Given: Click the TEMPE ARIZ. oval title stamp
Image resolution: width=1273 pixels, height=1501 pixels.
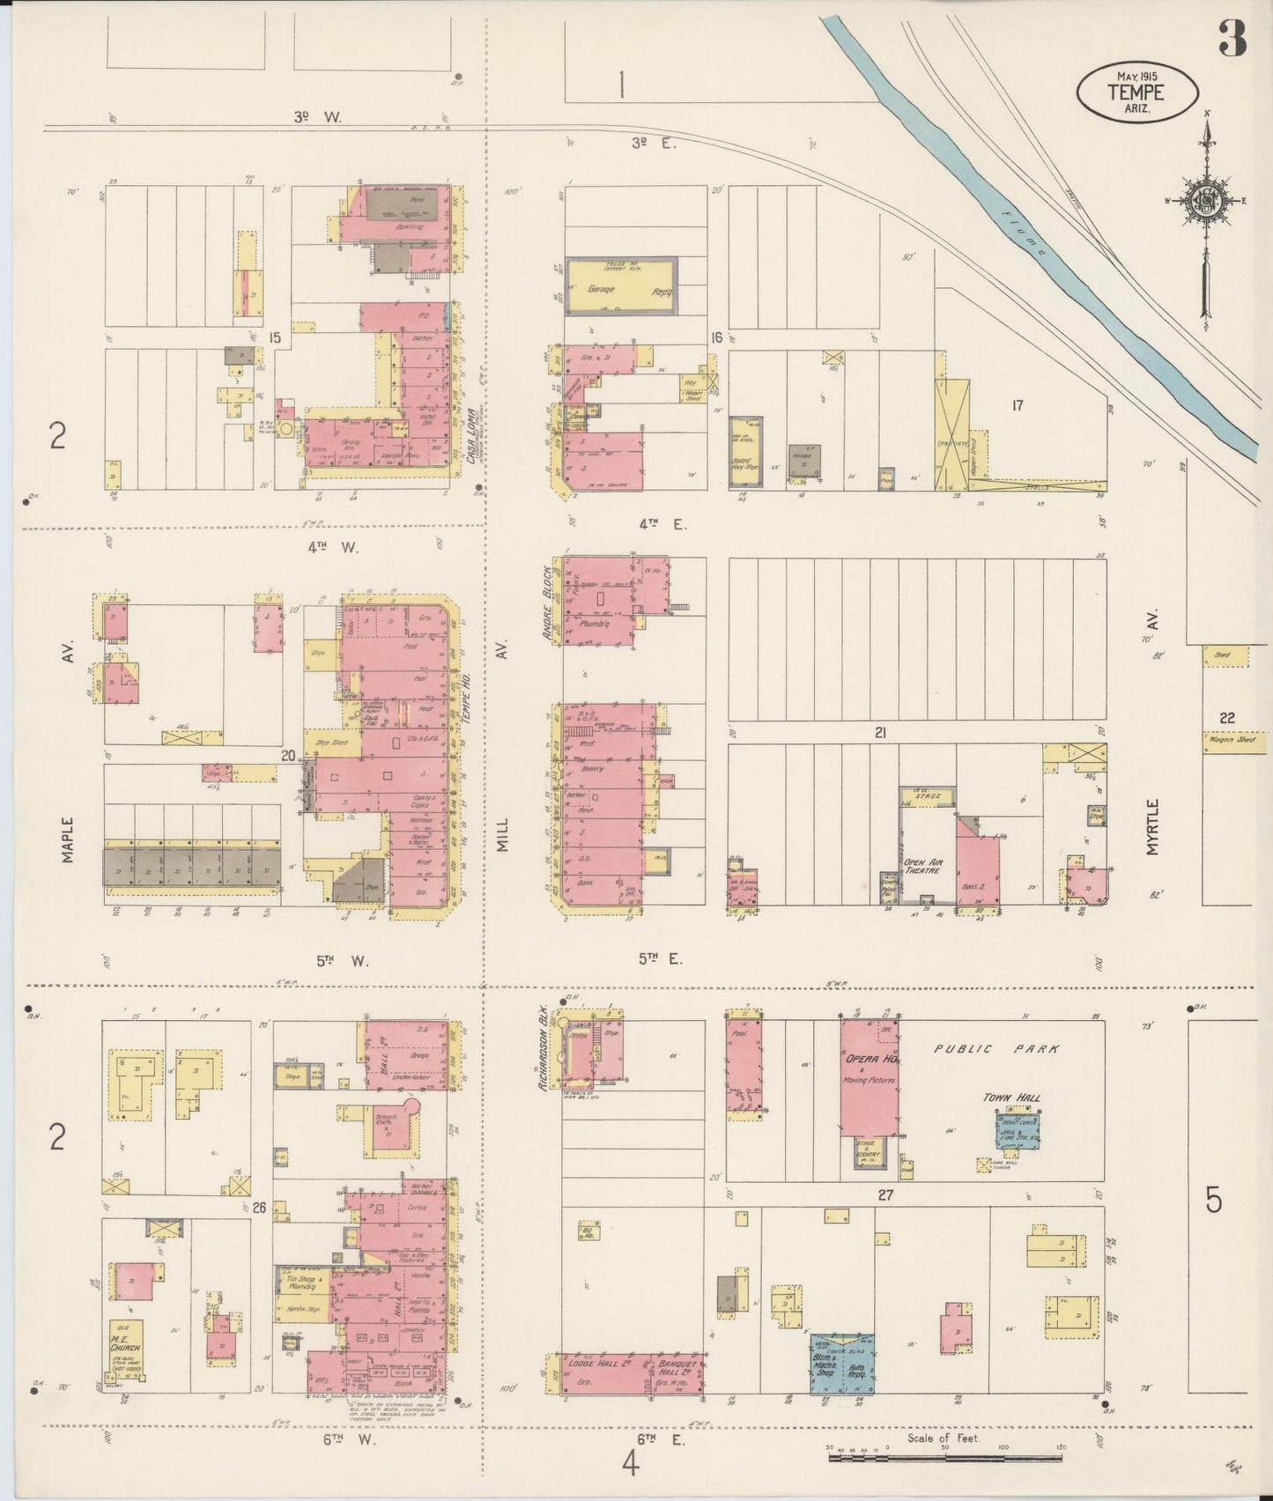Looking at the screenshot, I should pyautogui.click(x=1136, y=91).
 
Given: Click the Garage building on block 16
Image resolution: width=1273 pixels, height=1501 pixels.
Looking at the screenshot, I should pyautogui.click(x=620, y=285).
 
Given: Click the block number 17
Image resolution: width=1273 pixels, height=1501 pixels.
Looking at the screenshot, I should pyautogui.click(x=1018, y=406).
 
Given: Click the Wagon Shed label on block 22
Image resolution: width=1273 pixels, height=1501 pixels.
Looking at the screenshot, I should pyautogui.click(x=1227, y=740).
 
